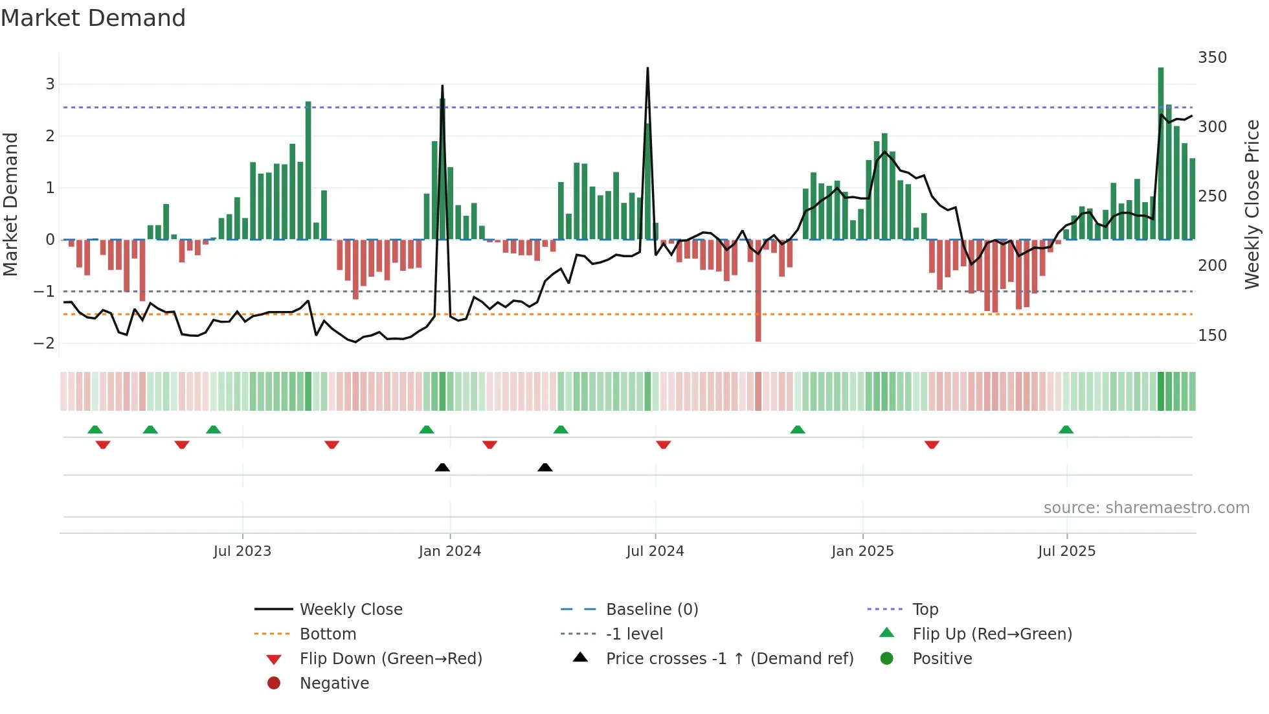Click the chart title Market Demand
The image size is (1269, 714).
(x=93, y=17)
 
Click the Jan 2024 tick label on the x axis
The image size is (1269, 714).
(x=449, y=551)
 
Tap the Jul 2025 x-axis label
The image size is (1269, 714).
(x=1066, y=551)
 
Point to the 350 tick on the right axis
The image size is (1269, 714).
(x=1212, y=58)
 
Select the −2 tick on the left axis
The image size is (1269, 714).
(x=44, y=343)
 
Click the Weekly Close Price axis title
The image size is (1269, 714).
(x=1252, y=204)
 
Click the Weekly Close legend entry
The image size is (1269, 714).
(x=350, y=609)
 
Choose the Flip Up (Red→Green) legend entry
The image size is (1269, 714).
(x=992, y=634)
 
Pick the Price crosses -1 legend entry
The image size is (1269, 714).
(x=729, y=658)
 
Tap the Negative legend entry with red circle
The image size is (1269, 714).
(x=334, y=683)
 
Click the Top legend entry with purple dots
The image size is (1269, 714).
(x=925, y=609)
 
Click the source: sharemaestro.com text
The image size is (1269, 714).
(x=1146, y=507)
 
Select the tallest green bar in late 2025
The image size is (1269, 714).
(x=1161, y=153)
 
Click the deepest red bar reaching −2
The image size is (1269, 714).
(x=758, y=292)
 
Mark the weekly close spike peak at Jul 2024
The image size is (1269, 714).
(x=647, y=68)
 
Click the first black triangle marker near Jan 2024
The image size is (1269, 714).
(x=442, y=467)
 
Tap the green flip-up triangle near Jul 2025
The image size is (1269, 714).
(x=1066, y=430)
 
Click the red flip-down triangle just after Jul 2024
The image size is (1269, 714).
(x=663, y=444)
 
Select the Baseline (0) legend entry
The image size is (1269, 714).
(x=651, y=609)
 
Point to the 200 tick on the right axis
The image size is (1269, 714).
(x=1212, y=265)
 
